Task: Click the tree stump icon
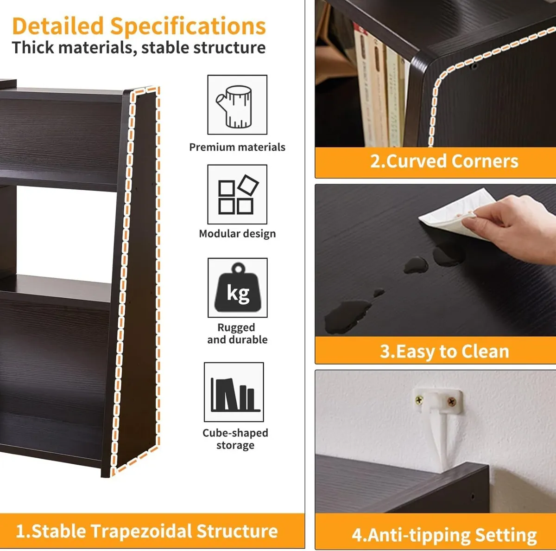[x=237, y=105]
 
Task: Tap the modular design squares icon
[x=237, y=194]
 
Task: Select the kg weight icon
[x=238, y=288]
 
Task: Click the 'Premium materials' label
[x=237, y=147]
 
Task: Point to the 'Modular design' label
[x=237, y=233]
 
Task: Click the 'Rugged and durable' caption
[x=237, y=333]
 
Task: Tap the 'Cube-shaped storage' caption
[x=235, y=439]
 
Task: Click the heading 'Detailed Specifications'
[x=139, y=26]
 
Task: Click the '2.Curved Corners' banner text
[x=444, y=161]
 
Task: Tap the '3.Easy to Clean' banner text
[x=444, y=351]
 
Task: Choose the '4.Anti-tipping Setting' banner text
[x=444, y=535]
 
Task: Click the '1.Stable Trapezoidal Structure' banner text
[x=147, y=531]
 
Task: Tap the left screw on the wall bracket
[x=419, y=399]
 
